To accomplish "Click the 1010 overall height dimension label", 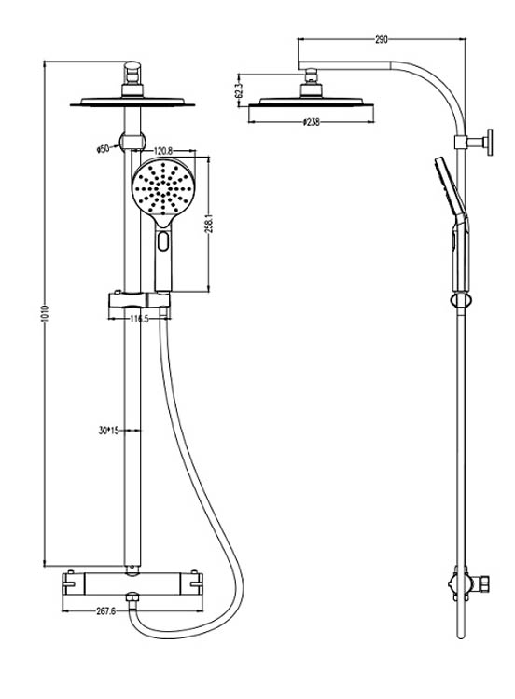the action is (46, 314).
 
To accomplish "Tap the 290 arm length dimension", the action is (381, 40).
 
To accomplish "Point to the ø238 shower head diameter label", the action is (311, 122).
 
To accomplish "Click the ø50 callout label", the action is (103, 148).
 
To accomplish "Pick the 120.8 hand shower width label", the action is (163, 151).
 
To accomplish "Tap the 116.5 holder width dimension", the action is (139, 319).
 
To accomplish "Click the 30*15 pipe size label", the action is (108, 431).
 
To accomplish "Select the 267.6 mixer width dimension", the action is (105, 611).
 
